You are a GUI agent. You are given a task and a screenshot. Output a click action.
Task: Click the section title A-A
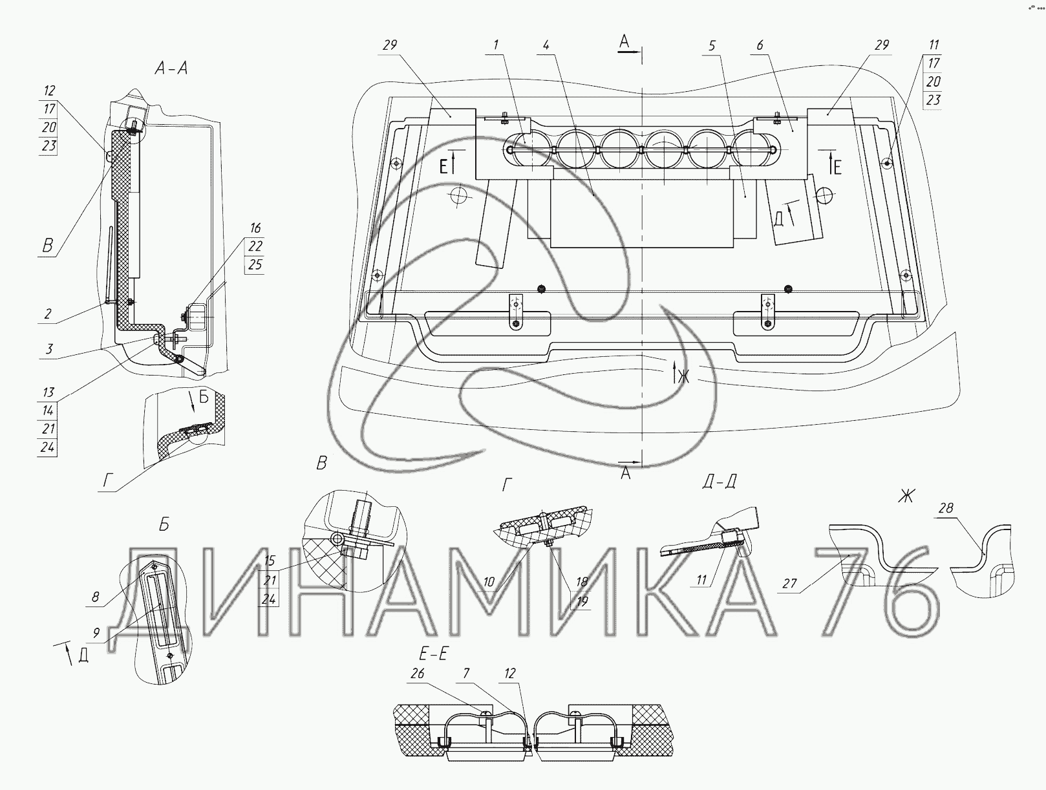(x=171, y=69)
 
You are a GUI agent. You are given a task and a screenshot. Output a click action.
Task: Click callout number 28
(x=946, y=508)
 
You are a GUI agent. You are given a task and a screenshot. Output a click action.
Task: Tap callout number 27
(x=789, y=583)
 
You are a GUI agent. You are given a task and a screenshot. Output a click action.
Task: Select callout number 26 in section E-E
(x=418, y=673)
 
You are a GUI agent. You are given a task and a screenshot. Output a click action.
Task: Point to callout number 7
(x=467, y=673)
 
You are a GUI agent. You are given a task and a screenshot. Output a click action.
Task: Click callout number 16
(x=255, y=228)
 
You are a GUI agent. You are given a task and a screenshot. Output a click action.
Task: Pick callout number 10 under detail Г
(x=489, y=582)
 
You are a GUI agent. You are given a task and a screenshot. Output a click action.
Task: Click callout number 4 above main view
(x=546, y=45)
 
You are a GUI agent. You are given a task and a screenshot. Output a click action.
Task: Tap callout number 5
(x=712, y=45)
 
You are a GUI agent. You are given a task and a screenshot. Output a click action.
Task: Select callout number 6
(x=760, y=45)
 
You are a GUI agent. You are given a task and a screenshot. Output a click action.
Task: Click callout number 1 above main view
(x=496, y=45)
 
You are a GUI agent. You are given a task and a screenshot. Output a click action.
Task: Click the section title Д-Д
(x=719, y=482)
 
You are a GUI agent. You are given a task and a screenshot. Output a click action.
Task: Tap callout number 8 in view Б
(x=95, y=597)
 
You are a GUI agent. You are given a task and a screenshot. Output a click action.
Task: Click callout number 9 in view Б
(x=96, y=633)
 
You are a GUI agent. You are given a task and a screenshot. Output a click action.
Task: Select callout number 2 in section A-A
(x=48, y=314)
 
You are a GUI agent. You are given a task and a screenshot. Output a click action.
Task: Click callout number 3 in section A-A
(x=49, y=349)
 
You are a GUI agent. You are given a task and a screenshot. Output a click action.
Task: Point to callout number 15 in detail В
(x=270, y=560)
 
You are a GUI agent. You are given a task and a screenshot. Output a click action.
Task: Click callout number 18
(x=581, y=582)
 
